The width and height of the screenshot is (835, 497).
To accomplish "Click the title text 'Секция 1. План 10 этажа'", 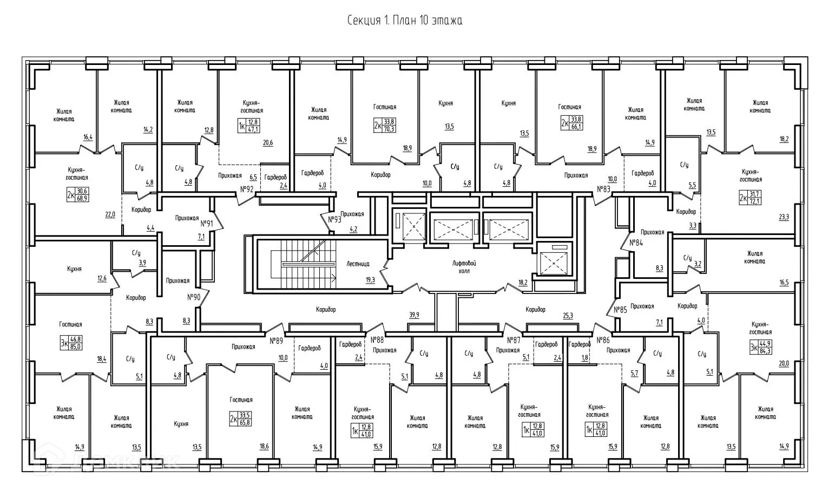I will click(404, 21).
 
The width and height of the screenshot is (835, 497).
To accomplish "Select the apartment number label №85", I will click(620, 310).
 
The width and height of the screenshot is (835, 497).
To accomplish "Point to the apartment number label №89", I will click(277, 341).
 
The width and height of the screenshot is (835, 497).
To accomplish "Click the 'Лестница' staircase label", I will click(357, 264).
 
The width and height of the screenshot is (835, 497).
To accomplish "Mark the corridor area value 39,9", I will click(414, 315).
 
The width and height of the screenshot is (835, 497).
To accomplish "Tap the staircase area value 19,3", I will click(370, 280).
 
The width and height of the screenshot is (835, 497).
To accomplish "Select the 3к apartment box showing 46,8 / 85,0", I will click(70, 343).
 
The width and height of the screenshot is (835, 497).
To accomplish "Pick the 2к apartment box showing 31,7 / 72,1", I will click(749, 197).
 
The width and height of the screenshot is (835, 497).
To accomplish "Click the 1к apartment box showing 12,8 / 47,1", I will click(249, 126).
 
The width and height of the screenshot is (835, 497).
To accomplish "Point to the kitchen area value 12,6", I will click(102, 278).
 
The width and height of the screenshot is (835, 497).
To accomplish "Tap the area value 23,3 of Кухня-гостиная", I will click(783, 217).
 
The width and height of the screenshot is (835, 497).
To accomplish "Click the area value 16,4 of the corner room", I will click(88, 138).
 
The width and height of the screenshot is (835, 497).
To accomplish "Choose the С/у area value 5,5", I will click(692, 185).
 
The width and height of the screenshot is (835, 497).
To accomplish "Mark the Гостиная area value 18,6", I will click(264, 446).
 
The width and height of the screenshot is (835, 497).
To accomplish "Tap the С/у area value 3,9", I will click(142, 263).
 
